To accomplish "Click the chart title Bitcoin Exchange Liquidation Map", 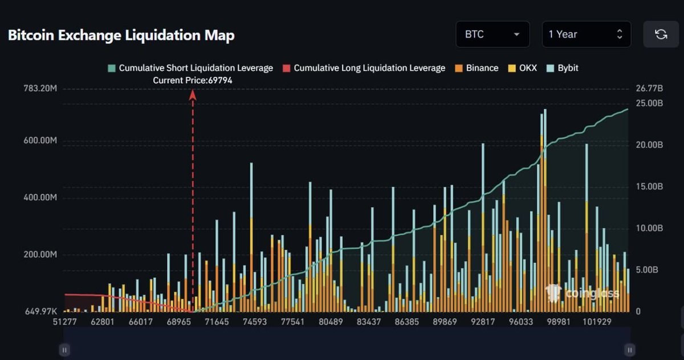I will coord(121,35).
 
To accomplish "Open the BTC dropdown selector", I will coord(492,34).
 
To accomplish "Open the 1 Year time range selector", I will coord(586,34).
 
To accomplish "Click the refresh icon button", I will coord(661,34).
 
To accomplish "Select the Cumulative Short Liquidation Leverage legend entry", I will coord(190,68).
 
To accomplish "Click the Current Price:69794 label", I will coord(193,81).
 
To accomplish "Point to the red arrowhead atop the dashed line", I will coord(193,95).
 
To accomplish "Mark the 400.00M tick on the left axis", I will coord(40,198).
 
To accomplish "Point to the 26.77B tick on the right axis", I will coord(649,89).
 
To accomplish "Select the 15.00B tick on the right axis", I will coord(649,186).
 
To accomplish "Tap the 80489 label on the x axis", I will coord(331,322).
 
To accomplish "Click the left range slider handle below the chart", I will coord(64,350).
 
